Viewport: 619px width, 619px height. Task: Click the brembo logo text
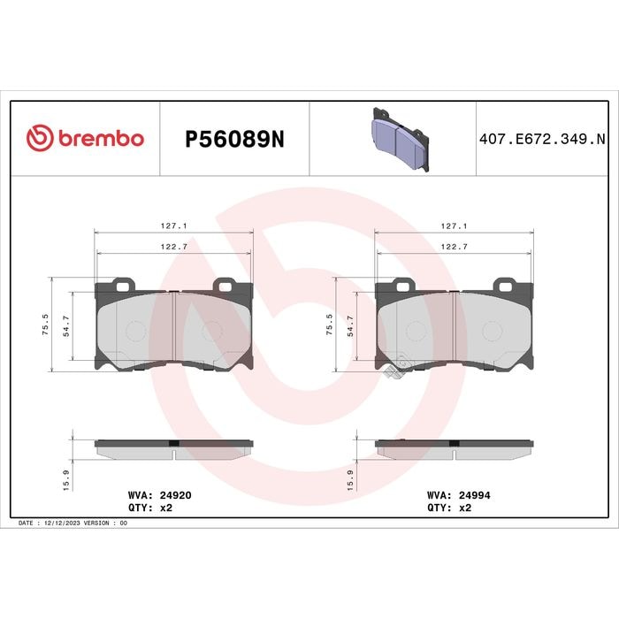(x=102, y=139)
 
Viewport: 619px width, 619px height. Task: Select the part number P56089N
(x=234, y=139)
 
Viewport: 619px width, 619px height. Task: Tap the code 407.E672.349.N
(x=542, y=140)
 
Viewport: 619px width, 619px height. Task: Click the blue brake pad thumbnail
(x=401, y=139)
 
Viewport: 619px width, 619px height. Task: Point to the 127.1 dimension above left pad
(x=173, y=225)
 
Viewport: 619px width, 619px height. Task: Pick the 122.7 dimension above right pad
(x=454, y=247)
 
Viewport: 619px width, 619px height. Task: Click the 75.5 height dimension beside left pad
(x=45, y=325)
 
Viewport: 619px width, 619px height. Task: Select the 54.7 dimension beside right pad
(x=350, y=325)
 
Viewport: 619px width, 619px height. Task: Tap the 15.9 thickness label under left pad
(x=66, y=480)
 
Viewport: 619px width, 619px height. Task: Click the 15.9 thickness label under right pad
(x=350, y=480)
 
